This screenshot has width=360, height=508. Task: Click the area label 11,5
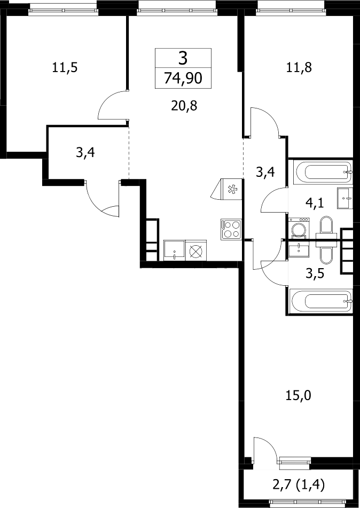point(65,68)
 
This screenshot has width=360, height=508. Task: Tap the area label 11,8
point(299,68)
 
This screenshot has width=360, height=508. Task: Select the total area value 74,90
point(183,78)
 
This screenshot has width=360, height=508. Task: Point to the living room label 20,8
point(184,106)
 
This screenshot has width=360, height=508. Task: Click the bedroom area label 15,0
point(298,395)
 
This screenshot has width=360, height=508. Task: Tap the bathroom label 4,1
point(315,204)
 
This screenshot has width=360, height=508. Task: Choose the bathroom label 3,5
point(315,273)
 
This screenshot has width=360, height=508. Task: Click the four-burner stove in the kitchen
point(231,229)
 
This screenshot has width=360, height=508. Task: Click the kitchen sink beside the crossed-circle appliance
point(174,250)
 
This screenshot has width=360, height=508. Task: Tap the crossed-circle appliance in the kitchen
point(195,250)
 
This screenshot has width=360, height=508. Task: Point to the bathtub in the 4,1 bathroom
point(323,172)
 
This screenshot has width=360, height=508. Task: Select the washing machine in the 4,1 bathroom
point(300,229)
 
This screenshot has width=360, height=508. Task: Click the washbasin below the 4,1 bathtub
point(344,198)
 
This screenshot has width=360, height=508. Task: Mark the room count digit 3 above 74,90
point(183,59)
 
